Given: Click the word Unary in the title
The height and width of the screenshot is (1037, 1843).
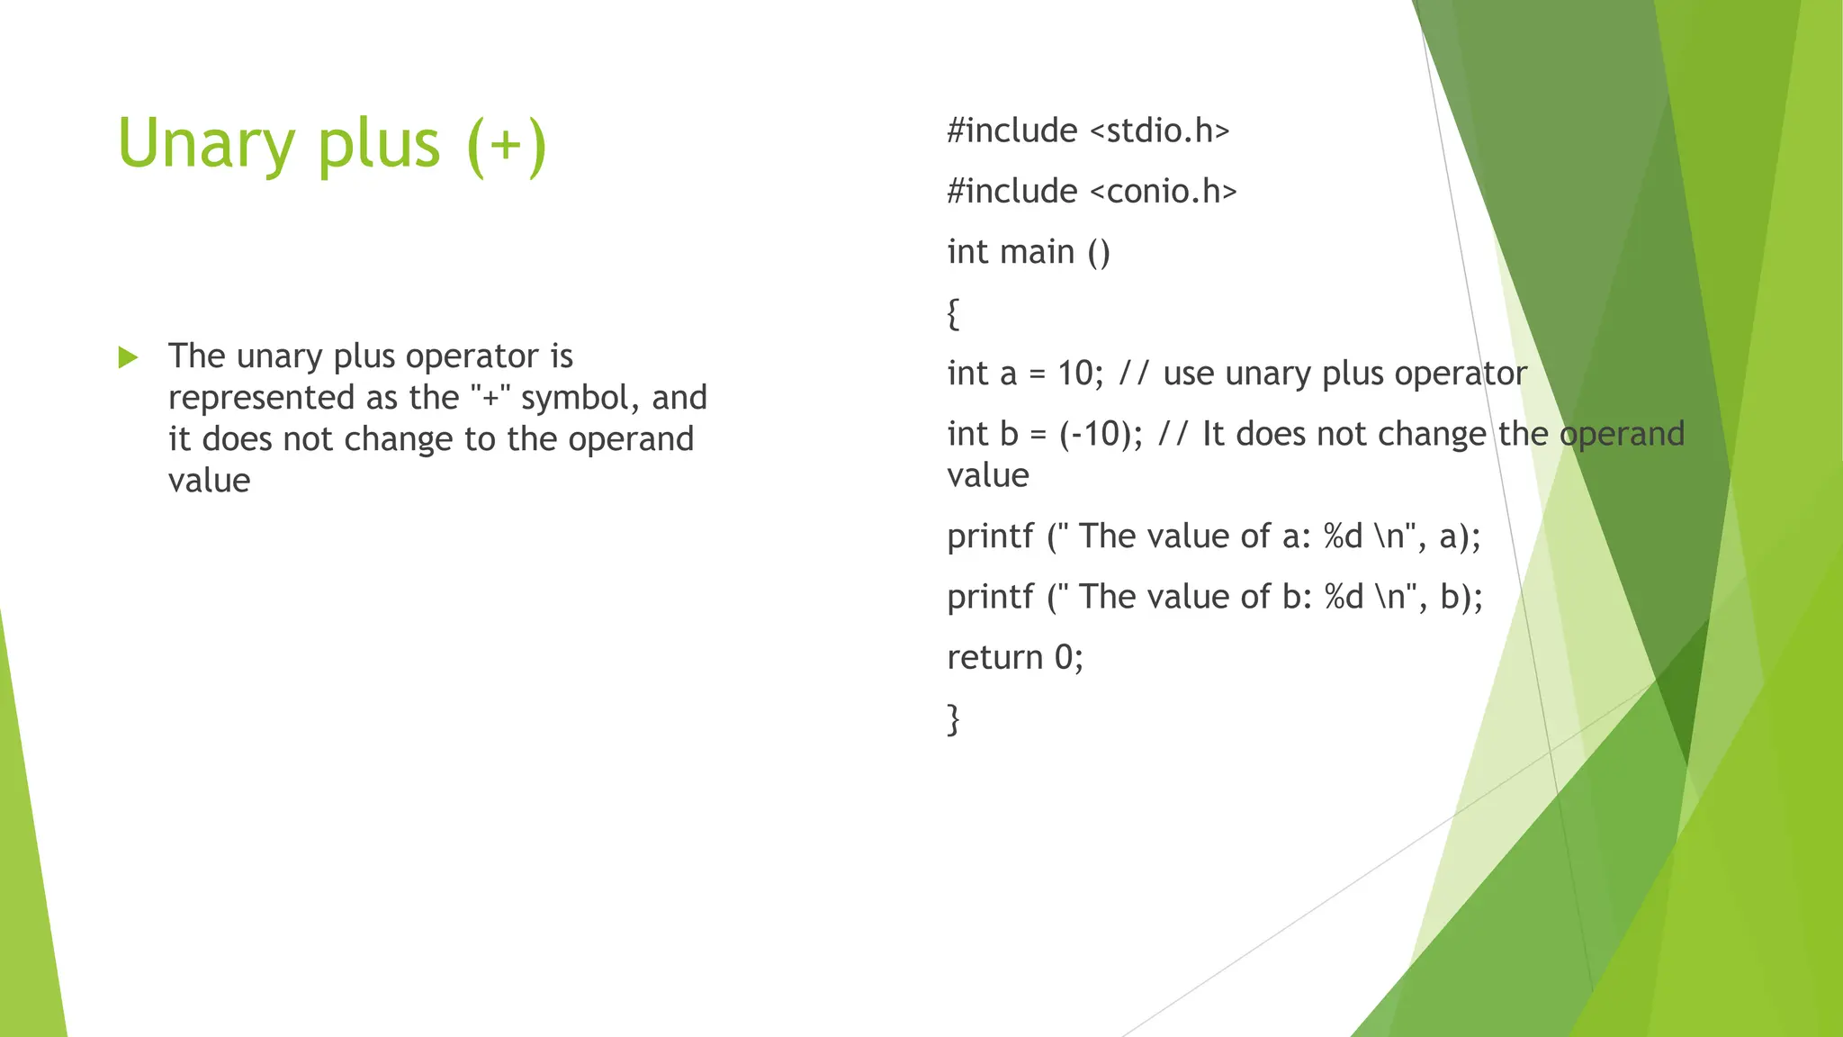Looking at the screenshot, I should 206,144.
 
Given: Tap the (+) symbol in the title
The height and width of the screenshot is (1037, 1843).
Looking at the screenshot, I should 507,144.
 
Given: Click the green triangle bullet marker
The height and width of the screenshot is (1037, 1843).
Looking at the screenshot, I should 128,357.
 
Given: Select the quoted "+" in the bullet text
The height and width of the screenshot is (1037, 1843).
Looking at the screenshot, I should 490,397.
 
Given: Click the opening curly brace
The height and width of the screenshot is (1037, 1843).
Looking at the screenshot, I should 953,313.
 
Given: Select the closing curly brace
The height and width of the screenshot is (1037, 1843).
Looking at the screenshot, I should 953,718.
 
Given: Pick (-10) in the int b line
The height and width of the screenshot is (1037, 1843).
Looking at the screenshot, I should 1099,434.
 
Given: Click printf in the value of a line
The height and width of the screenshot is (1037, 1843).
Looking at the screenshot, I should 990,537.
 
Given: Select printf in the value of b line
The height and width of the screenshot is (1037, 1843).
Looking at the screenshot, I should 990,598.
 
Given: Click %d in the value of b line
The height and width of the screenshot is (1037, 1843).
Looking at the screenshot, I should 1344,597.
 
